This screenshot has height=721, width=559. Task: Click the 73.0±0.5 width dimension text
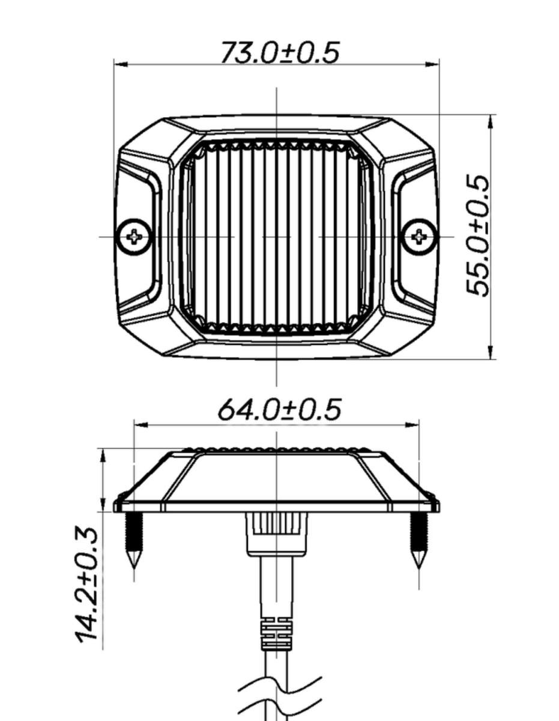[x=279, y=52]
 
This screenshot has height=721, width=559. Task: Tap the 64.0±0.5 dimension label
[x=279, y=410]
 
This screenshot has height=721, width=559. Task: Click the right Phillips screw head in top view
[x=418, y=237]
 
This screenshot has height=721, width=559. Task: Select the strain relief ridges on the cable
[x=276, y=634]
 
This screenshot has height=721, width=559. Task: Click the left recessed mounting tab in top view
[x=141, y=237]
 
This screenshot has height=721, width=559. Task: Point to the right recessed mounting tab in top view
[x=412, y=237]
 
